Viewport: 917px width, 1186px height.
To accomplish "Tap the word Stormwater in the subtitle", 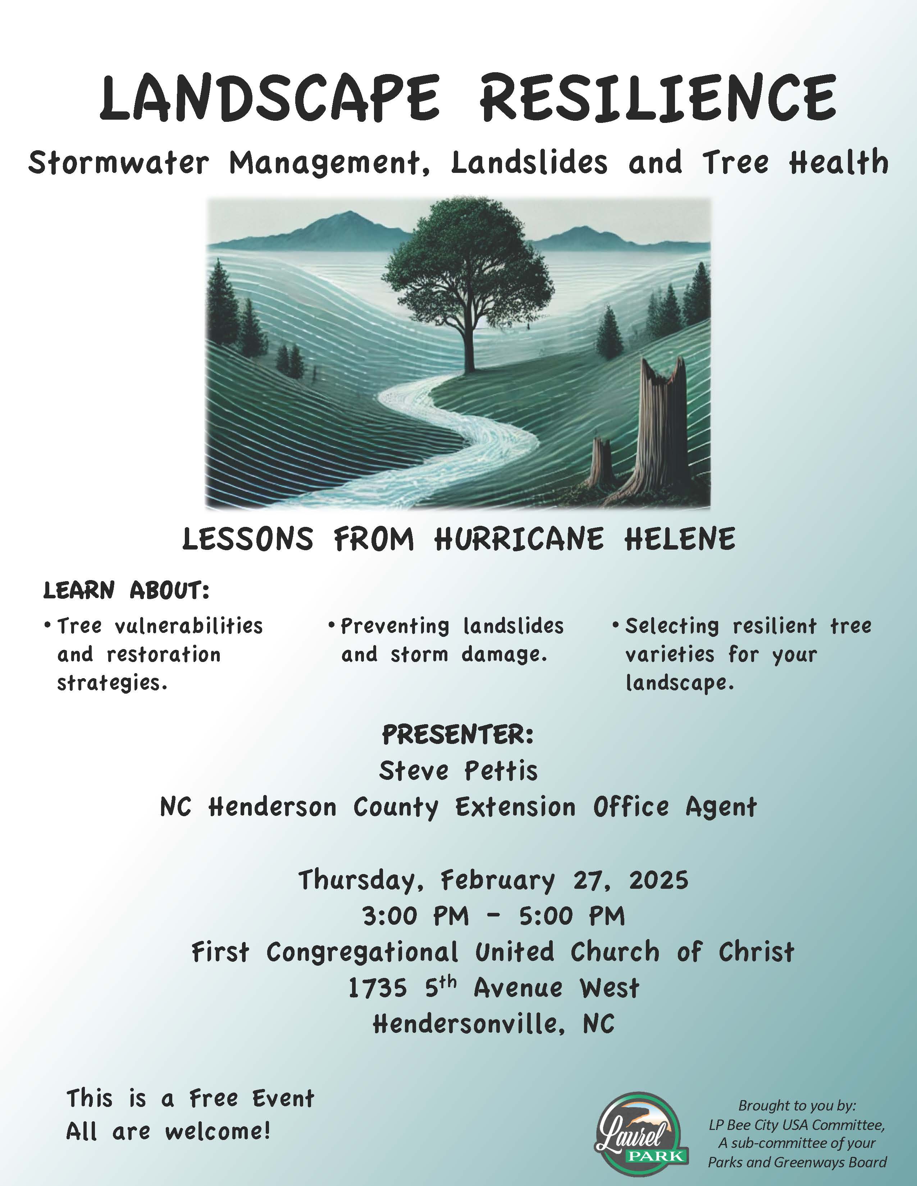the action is [118, 163].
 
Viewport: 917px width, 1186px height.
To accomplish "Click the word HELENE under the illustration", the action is [680, 539].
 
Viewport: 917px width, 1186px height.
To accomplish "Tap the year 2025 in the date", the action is [658, 880].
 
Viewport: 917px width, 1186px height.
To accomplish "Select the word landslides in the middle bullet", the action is [514, 626].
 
